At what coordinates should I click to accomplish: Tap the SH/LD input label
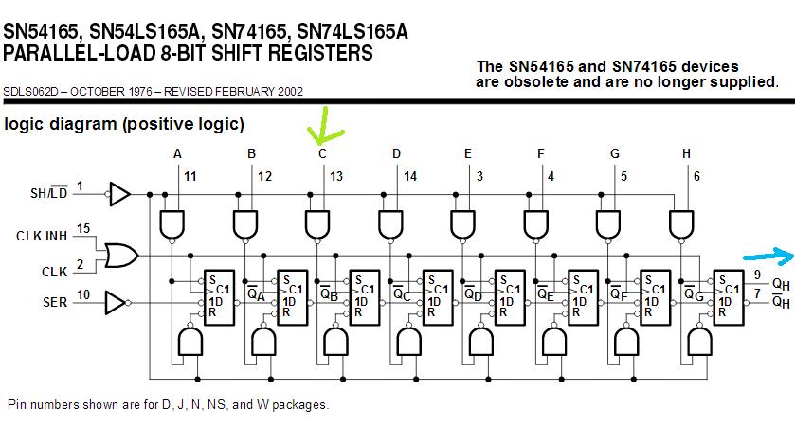(x=48, y=194)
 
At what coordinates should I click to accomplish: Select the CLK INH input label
(x=42, y=234)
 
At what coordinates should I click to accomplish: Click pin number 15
(x=82, y=229)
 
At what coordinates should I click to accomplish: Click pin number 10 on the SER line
(x=82, y=294)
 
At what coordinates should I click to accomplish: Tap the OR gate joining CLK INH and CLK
(x=122, y=255)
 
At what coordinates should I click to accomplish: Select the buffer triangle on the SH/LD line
(x=119, y=194)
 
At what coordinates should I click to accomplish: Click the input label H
(x=686, y=153)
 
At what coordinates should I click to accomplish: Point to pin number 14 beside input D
(x=409, y=176)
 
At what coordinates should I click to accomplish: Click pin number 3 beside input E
(x=479, y=176)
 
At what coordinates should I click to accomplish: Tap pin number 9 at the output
(x=757, y=275)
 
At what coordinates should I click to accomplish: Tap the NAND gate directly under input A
(x=172, y=223)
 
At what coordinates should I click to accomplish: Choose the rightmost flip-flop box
(x=728, y=295)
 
